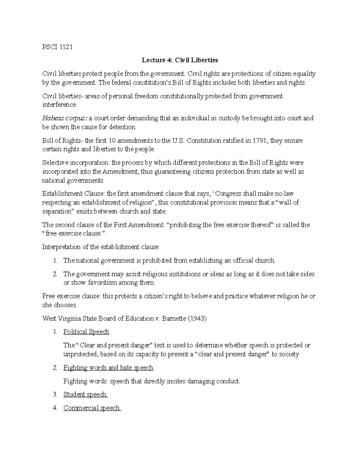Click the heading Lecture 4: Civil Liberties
click(x=180, y=60)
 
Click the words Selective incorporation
click(x=76, y=163)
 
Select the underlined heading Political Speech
click(x=86, y=332)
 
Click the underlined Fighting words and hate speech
click(x=108, y=368)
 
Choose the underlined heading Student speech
click(x=85, y=395)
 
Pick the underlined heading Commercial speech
click(x=92, y=408)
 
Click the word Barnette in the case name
click(x=174, y=319)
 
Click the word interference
click(x=59, y=105)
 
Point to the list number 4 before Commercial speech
click(x=55, y=408)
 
